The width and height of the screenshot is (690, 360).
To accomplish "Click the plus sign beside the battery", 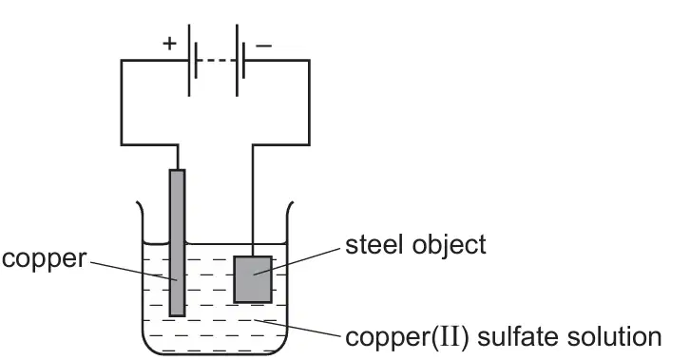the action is coord(169,43).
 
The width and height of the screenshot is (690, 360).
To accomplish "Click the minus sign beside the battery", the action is coord(263,46).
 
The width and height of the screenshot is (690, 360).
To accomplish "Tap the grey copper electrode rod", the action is coord(178,242).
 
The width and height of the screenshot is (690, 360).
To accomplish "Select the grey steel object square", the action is coord(253,279).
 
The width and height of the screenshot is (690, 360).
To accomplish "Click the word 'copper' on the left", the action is coord(45,259).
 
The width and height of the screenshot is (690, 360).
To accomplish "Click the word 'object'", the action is coord(450,245).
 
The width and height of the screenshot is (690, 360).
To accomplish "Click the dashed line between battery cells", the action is coord(216,60).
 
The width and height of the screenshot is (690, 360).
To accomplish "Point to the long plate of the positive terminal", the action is coord(189,60).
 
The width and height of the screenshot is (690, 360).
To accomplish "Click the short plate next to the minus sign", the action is coord(243,60).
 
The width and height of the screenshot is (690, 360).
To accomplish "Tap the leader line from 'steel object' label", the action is coord(297,261).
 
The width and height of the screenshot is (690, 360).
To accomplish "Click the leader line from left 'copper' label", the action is coord(134,271).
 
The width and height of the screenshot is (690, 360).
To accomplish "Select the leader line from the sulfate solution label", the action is coord(297,329).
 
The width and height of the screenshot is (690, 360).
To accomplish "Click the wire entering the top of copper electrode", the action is coord(178,157).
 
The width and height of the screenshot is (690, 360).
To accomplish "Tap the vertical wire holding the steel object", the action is coord(253,200).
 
